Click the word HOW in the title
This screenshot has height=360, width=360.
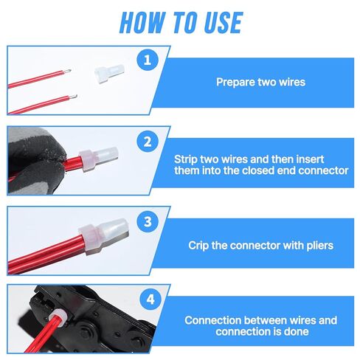142,22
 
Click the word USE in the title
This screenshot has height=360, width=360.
224,22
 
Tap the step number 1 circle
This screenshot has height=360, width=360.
148,60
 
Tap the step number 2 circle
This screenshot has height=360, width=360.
148,142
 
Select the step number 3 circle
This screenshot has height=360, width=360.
148,221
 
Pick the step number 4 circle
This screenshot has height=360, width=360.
150,300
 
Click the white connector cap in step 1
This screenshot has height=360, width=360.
109,74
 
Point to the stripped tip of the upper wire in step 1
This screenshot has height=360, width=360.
69,71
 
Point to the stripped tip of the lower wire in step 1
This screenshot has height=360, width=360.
75,96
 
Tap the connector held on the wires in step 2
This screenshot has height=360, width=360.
98,159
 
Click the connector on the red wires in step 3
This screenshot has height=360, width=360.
104,235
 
